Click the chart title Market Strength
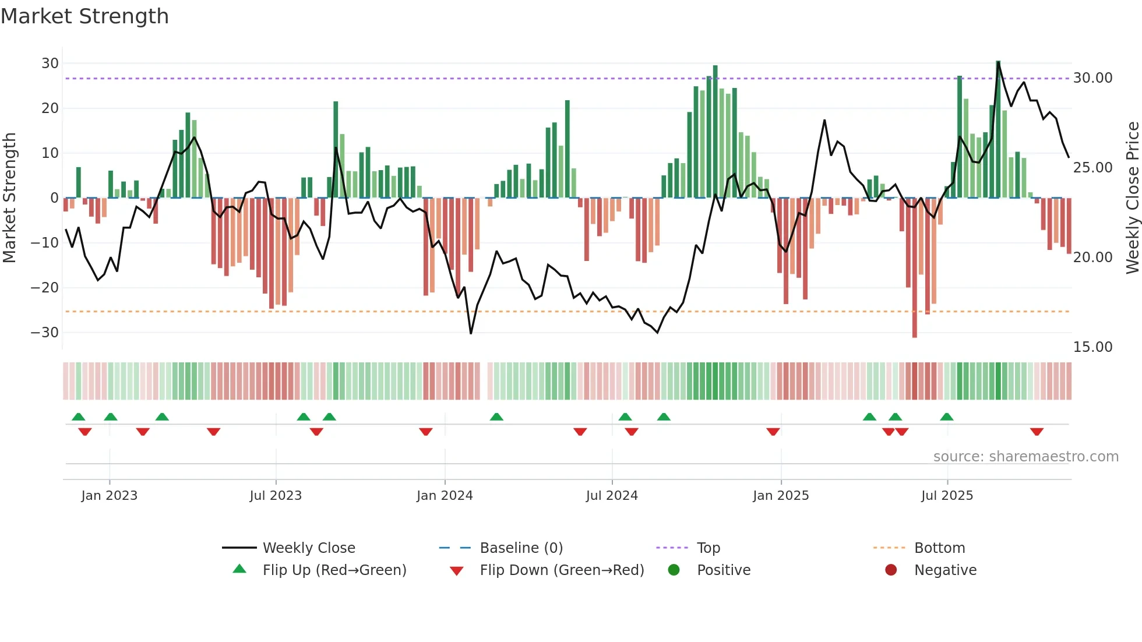pyautogui.click(x=84, y=16)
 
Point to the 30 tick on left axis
pyautogui.click(x=50, y=63)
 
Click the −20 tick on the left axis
pyautogui.click(x=45, y=287)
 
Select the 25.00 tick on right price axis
pyautogui.click(x=1092, y=168)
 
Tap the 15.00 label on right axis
pyautogui.click(x=1092, y=347)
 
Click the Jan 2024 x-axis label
pyautogui.click(x=445, y=496)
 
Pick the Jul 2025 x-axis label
pyautogui.click(x=947, y=496)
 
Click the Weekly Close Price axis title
pyautogui.click(x=1132, y=197)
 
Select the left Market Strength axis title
pyautogui.click(x=9, y=197)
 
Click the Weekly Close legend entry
pyautogui.click(x=308, y=548)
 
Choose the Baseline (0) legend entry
pyautogui.click(x=521, y=548)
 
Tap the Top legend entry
pyautogui.click(x=708, y=548)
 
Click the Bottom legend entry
pyautogui.click(x=939, y=548)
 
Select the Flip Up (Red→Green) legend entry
pyautogui.click(x=334, y=570)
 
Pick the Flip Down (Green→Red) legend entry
pyautogui.click(x=562, y=570)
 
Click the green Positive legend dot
pyautogui.click(x=674, y=570)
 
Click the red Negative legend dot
pyautogui.click(x=891, y=570)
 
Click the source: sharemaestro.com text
pyautogui.click(x=1025, y=457)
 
